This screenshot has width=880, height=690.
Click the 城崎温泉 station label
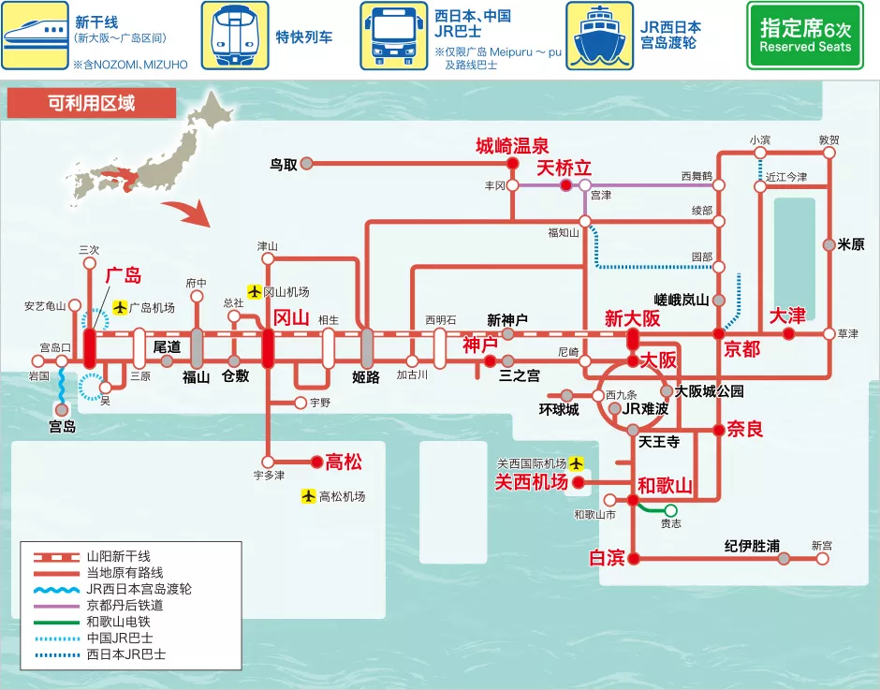pos(511,145)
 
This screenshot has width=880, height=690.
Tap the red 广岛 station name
pos(123,275)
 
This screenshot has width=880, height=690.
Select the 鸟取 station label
pos(283,164)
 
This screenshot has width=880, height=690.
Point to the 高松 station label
pos(343,462)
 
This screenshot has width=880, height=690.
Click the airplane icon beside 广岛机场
pos(120,307)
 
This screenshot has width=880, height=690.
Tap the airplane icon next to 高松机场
pos(308,496)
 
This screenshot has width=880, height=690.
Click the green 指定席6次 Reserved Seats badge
pos(804,35)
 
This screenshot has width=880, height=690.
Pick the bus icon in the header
pos(393,35)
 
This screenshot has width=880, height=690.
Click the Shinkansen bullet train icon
pos(35,35)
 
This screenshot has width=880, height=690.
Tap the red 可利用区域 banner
pos(91,103)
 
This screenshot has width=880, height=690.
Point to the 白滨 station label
pos(606,558)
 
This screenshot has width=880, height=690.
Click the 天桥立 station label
pos(564,168)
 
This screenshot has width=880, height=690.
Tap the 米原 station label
pos(851,244)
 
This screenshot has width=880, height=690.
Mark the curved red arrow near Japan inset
pos(197,214)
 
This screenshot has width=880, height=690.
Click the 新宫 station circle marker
pos(822,558)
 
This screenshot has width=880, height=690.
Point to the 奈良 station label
pos(745,430)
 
